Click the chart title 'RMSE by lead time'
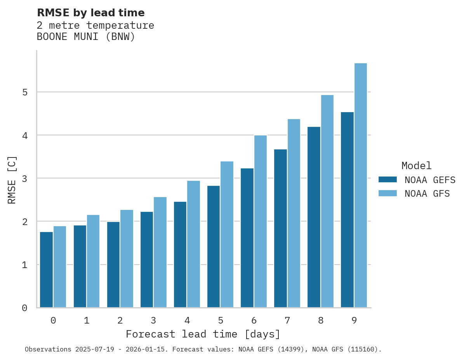tap(90, 13)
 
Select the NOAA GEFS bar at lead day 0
tap(46, 270)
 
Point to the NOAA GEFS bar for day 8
tap(314, 217)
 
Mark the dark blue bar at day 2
tap(113, 265)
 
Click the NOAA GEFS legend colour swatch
tap(388, 180)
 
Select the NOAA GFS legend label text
tap(427, 194)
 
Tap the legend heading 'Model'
tap(416, 166)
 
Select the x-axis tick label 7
tap(287, 321)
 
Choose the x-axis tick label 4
tap(187, 321)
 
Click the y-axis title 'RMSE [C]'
tap(12, 180)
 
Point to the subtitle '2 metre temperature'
tap(95, 26)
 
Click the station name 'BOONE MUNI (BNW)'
tap(86, 37)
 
